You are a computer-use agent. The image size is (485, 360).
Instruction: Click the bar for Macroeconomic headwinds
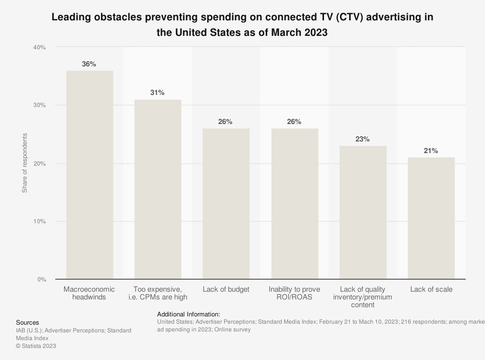pyautogui.click(x=90, y=175)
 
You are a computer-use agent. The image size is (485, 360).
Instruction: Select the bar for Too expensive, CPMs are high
pyautogui.click(x=158, y=189)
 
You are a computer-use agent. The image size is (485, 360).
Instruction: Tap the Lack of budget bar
pyautogui.click(x=226, y=203)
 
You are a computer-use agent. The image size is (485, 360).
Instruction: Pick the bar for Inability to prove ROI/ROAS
pyautogui.click(x=294, y=203)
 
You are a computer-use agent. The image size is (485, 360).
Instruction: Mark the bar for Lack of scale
pyautogui.click(x=431, y=218)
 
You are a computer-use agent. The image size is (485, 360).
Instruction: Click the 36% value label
pyautogui.click(x=89, y=64)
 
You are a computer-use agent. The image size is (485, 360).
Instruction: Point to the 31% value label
pyautogui.click(x=157, y=93)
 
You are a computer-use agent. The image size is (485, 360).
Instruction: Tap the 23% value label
pyautogui.click(x=362, y=139)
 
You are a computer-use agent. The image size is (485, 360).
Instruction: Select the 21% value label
pyautogui.click(x=431, y=151)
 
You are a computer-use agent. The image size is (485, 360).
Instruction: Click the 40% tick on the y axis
pyautogui.click(x=39, y=47)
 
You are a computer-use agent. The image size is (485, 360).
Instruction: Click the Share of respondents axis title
pyautogui.click(x=25, y=163)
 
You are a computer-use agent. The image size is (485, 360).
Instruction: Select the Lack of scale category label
pyautogui.click(x=431, y=289)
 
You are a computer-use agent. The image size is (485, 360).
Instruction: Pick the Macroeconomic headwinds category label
pyautogui.click(x=89, y=293)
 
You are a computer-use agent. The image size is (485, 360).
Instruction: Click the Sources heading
pyautogui.click(x=28, y=323)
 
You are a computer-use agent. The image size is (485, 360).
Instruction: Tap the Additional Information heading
pyautogui.click(x=189, y=314)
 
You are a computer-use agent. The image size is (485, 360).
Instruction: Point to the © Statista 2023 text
pyautogui.click(x=36, y=346)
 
